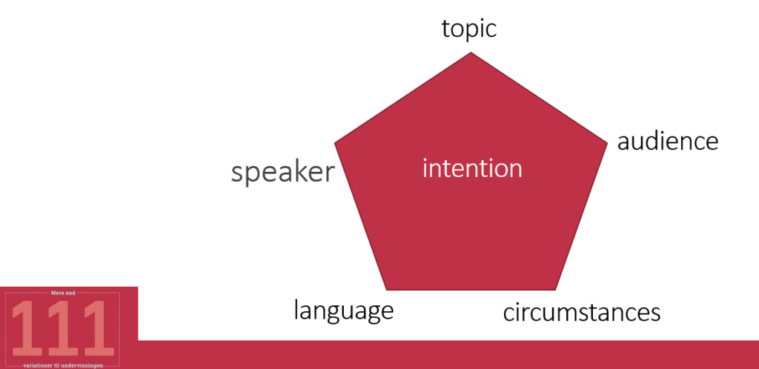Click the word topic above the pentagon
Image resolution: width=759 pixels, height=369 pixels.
469,29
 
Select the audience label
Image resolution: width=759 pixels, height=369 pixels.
668,142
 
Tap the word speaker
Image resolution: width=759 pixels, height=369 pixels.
282,172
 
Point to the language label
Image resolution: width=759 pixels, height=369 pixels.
344,311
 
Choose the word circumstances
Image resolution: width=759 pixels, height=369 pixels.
582,313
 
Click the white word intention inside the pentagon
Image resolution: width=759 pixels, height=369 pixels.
472,169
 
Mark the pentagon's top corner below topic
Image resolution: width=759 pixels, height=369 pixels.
471,53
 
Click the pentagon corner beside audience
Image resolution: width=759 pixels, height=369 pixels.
607,143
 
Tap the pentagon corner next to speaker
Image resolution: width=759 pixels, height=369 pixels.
335,143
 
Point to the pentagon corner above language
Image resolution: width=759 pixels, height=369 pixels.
387,290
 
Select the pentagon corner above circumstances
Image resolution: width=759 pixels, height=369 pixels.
555,290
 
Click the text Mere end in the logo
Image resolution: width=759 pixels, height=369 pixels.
63,293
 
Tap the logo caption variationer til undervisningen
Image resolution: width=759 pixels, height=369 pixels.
63,365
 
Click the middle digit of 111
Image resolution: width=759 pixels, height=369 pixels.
62,328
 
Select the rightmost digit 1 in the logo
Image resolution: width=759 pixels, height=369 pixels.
99,328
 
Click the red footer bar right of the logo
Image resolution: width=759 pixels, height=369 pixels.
448,354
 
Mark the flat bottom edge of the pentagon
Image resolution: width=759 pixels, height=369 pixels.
471,290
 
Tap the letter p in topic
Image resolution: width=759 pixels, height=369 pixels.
469,31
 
